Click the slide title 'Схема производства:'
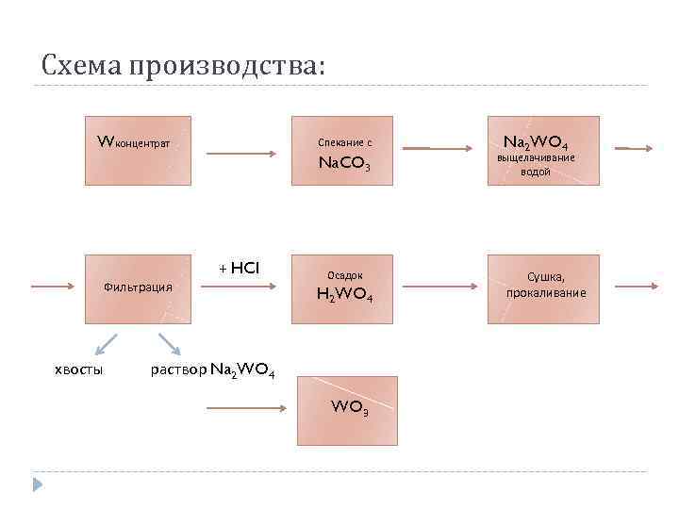click(183, 65)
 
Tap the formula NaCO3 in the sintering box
click(344, 166)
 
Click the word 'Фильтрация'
click(138, 286)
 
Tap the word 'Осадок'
click(345, 274)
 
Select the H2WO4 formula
click(345, 296)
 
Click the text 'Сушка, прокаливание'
click(545, 285)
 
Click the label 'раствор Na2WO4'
click(213, 369)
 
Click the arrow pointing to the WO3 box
click(245, 408)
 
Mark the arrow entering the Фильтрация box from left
click(53, 285)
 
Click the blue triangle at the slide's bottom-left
click(37, 484)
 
